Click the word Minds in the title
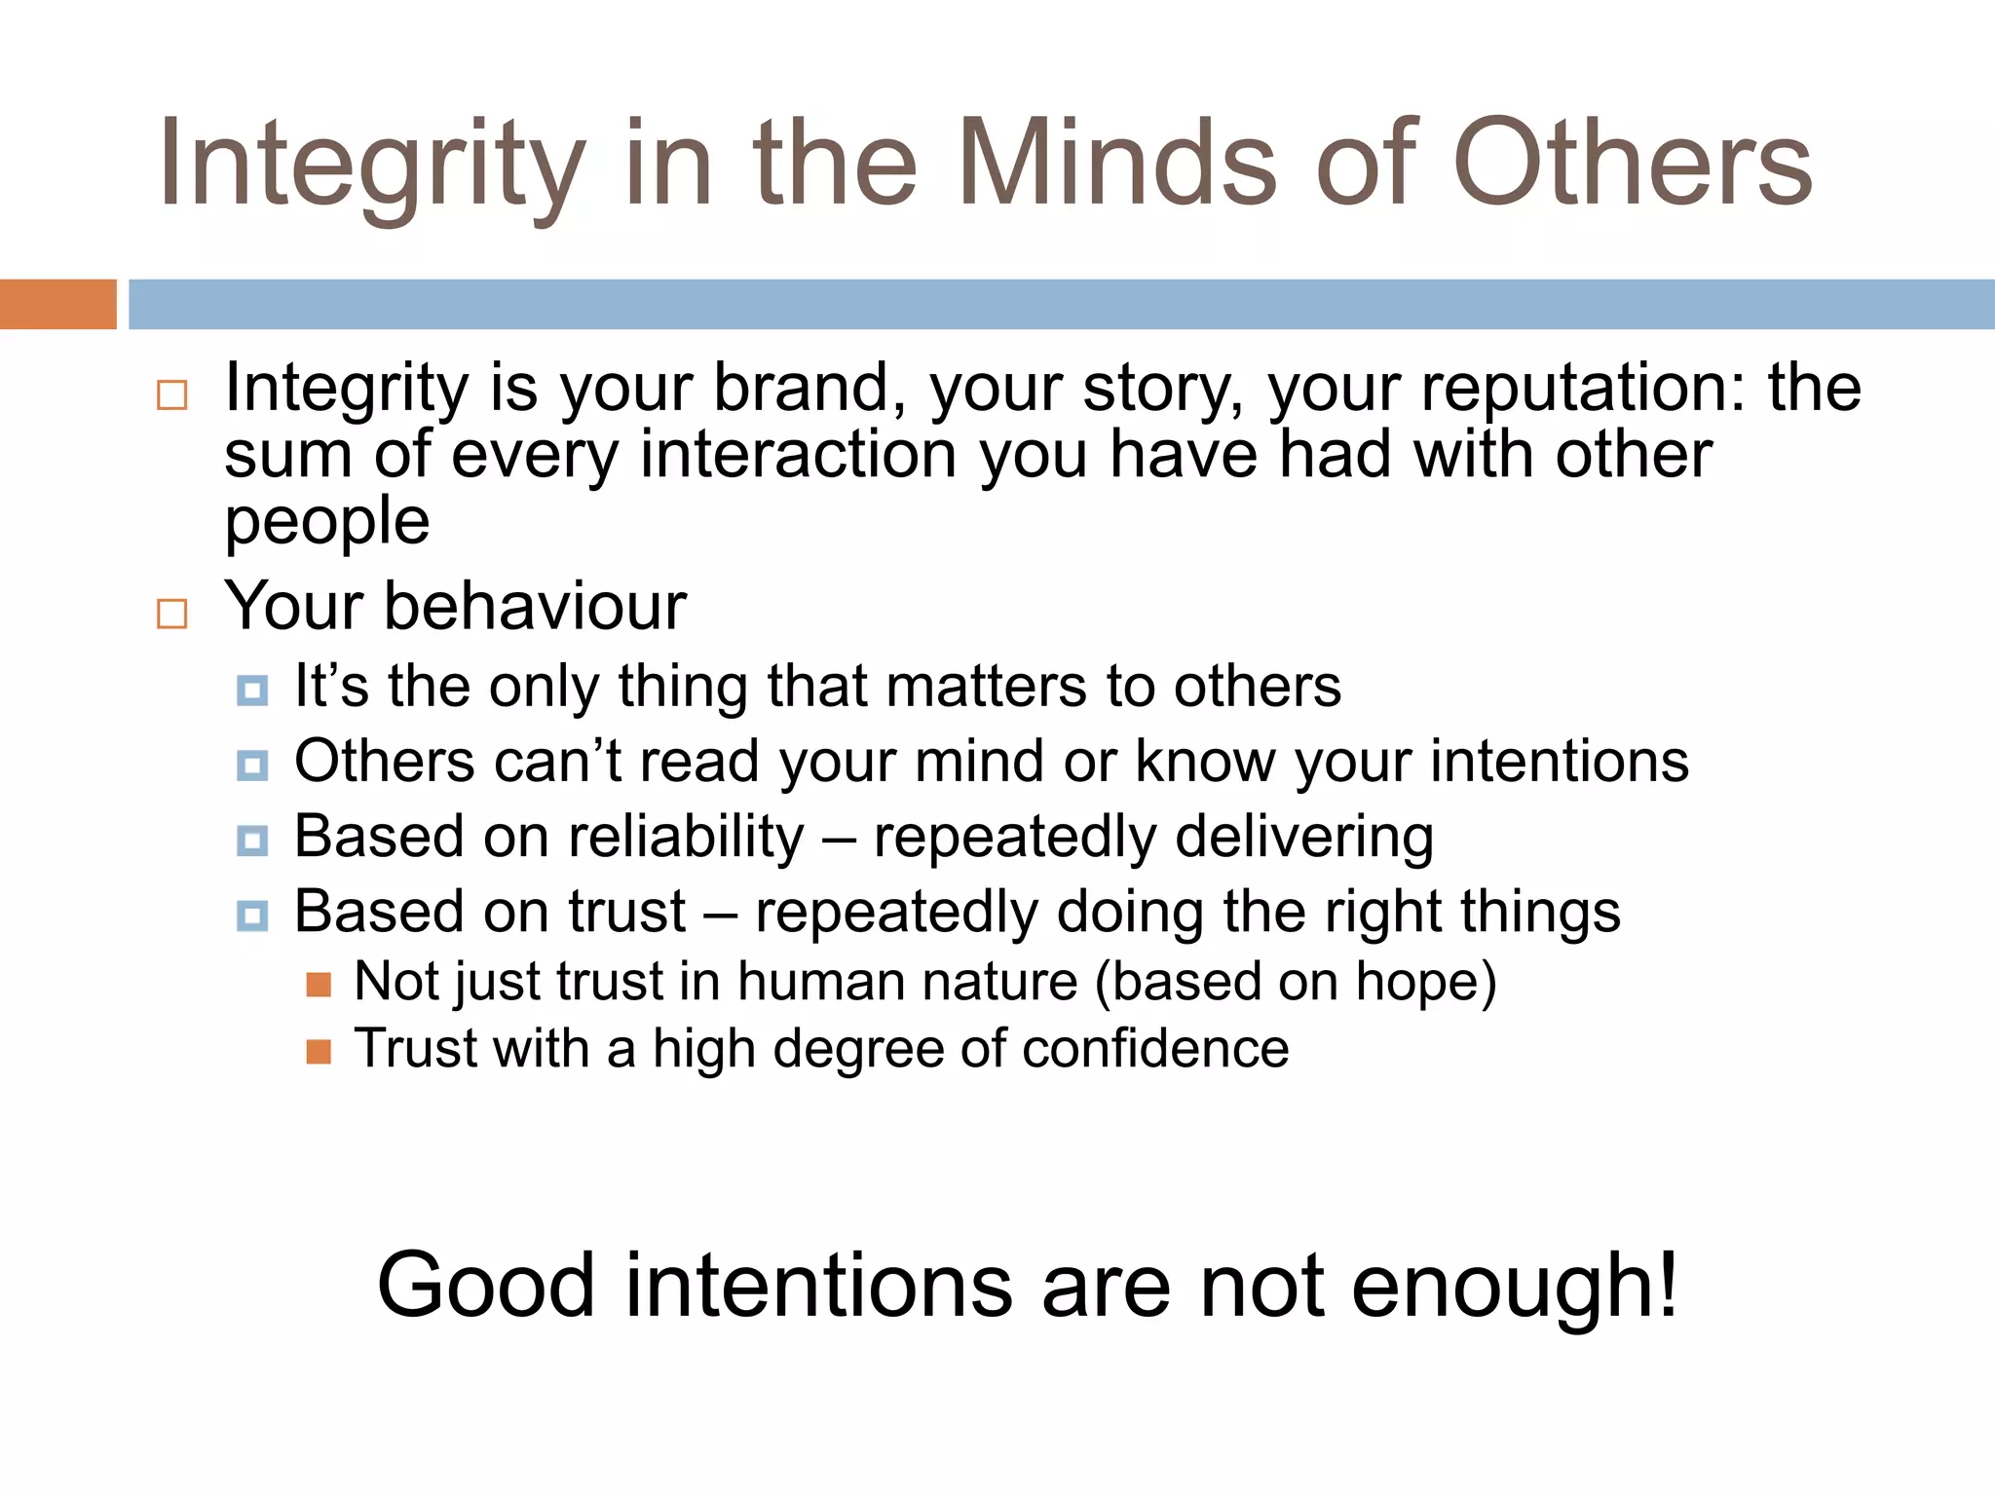[x=1116, y=164]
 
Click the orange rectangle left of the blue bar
[x=57, y=304]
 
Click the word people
[x=326, y=522]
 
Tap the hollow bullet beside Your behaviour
[x=172, y=614]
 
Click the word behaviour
[x=535, y=606]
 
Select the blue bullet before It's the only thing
[x=252, y=691]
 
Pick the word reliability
[x=687, y=838]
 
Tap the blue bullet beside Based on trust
[x=252, y=916]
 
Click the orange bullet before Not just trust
[x=319, y=985]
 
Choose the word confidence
[x=1155, y=1049]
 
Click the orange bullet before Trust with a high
[x=319, y=1052]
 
